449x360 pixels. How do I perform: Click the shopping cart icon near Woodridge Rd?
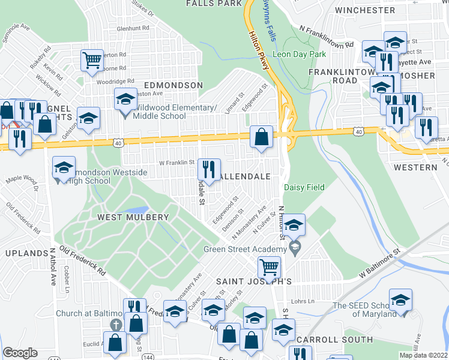92,59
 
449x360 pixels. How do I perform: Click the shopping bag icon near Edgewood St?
262,136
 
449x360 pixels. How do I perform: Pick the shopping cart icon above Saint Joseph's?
269,266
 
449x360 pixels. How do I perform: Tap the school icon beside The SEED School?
400,299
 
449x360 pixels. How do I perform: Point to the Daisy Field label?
304,188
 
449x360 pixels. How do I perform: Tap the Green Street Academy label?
244,250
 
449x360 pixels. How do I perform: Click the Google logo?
20,352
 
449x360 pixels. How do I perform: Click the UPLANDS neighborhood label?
26,254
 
